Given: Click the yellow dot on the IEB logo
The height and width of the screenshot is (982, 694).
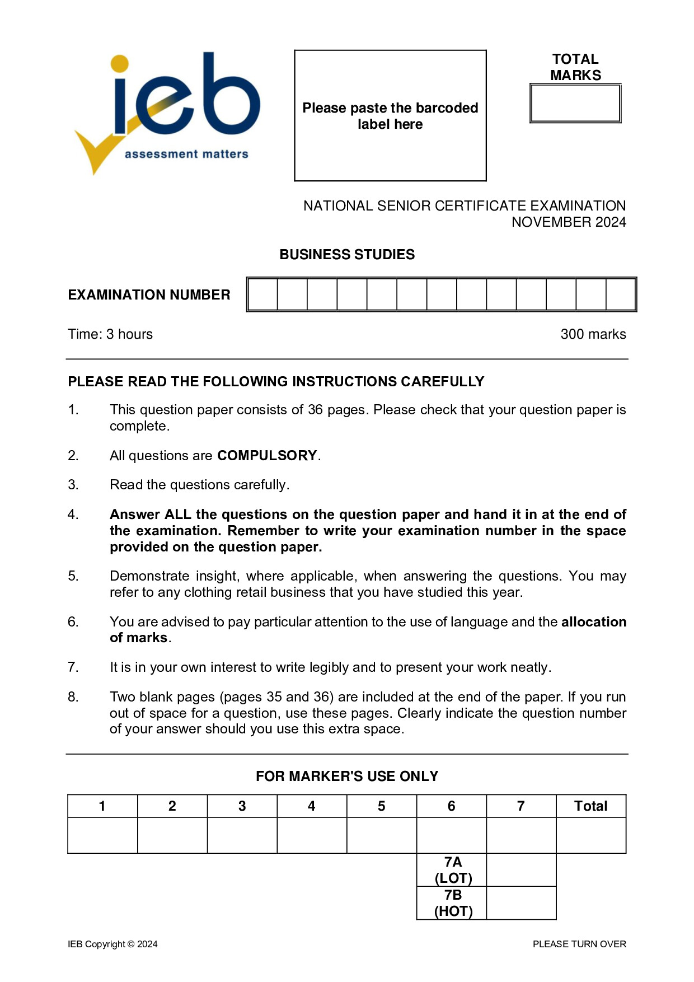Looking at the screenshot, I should point(119,63).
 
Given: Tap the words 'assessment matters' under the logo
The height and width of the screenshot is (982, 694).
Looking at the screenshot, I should point(186,154).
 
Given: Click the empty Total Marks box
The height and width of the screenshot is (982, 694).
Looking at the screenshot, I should point(575,104).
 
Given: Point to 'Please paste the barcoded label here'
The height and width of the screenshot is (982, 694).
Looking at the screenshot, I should point(390,116).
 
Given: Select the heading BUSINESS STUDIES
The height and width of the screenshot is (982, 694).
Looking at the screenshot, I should point(347,254).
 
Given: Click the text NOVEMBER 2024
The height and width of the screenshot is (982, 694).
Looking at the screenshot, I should point(569,222).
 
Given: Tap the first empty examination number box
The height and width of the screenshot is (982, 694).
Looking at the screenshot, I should point(262,294).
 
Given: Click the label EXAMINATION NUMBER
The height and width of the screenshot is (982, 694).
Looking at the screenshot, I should point(149,294).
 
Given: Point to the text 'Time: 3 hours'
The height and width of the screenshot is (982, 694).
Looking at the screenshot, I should point(110,334).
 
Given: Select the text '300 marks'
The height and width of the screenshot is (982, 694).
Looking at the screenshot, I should point(593,334).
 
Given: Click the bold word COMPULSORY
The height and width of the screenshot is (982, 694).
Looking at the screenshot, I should point(267,456).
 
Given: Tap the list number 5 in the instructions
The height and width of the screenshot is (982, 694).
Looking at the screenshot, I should point(73,576).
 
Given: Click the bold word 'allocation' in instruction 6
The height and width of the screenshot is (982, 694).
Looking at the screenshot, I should point(593,622).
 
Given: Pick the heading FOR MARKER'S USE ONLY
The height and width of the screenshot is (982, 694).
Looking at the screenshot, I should point(347,776).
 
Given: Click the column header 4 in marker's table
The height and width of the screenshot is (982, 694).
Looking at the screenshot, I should point(312,806).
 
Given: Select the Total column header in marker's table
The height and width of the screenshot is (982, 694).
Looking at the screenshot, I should point(590,806).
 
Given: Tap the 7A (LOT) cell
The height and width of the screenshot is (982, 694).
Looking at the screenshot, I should point(452,869).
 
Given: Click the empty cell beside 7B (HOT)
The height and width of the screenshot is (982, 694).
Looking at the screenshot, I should point(521,902).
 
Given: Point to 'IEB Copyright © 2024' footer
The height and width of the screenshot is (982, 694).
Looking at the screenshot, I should point(112,944).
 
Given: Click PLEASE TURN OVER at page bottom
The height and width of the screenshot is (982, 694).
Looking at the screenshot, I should point(579,944).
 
